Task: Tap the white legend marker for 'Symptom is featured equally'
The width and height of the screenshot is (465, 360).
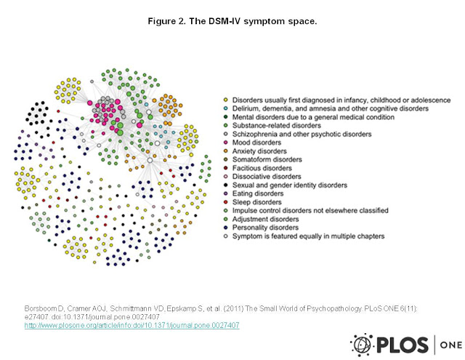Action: [225, 236]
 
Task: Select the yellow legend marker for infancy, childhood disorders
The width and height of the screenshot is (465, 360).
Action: [225, 100]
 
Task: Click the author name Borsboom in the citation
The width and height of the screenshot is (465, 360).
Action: [41, 309]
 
